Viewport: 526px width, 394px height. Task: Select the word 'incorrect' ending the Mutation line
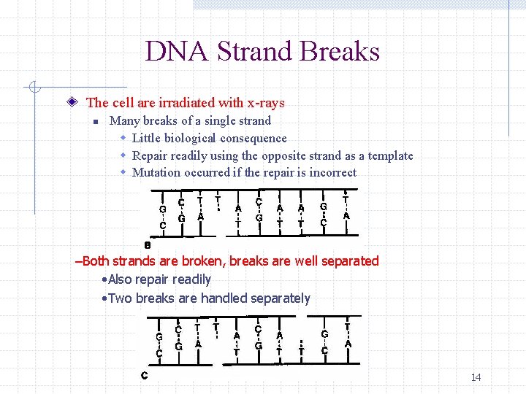pyautogui.click(x=332, y=173)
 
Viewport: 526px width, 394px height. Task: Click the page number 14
pyautogui.click(x=476, y=377)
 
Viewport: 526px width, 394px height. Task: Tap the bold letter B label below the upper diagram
pyautogui.click(x=147, y=245)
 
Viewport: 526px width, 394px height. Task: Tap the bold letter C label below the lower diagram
pyautogui.click(x=145, y=376)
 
